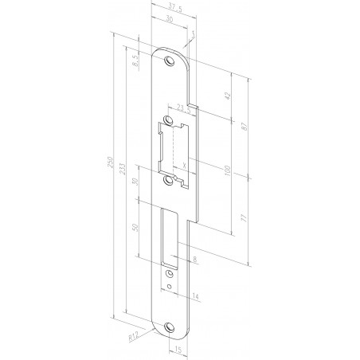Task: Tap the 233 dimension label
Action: coord(122,174)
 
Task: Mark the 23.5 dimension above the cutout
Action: coord(181,106)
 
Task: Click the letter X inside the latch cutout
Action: coord(184,166)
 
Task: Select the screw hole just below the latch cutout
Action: coord(169,182)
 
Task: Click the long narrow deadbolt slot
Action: coord(170,237)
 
